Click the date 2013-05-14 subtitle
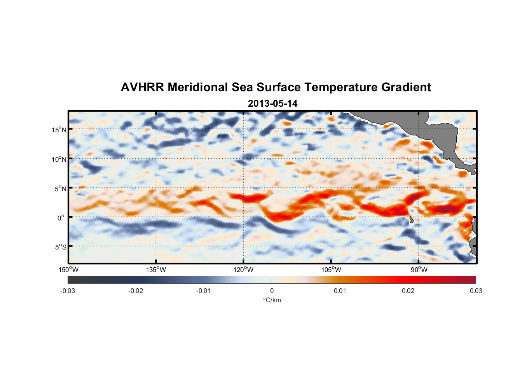272,104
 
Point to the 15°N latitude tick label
59,130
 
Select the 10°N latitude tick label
59,159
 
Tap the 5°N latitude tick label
60,189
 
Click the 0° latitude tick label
61,218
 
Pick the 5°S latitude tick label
60,247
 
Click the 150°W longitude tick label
68,270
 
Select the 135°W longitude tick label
156,270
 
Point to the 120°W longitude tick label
243,270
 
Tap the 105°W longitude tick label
331,270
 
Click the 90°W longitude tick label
419,270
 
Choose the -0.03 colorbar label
68,291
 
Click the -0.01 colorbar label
203,291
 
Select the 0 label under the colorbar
272,291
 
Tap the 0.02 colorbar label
408,291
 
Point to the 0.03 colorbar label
476,291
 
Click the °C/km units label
272,300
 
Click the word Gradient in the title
406,87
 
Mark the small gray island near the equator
411,220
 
